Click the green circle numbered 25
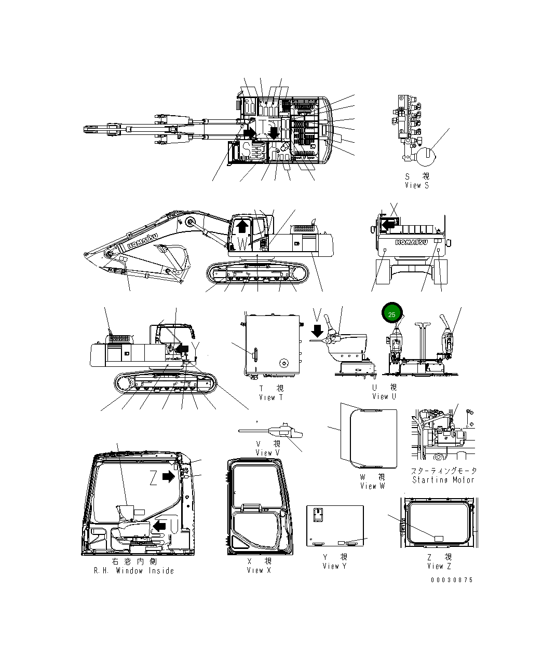(392, 314)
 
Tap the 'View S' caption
(417, 185)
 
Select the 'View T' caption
(270, 397)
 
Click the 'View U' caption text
(384, 396)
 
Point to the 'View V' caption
(267, 452)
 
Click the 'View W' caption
(372, 486)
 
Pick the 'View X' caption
(259, 570)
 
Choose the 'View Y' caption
(334, 566)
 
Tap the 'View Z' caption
(439, 566)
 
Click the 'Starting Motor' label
(443, 480)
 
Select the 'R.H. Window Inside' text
(133, 571)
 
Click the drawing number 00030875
(452, 580)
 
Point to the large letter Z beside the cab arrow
(153, 477)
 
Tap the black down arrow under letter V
(318, 331)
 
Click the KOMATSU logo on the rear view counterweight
(411, 242)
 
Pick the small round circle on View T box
(283, 362)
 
